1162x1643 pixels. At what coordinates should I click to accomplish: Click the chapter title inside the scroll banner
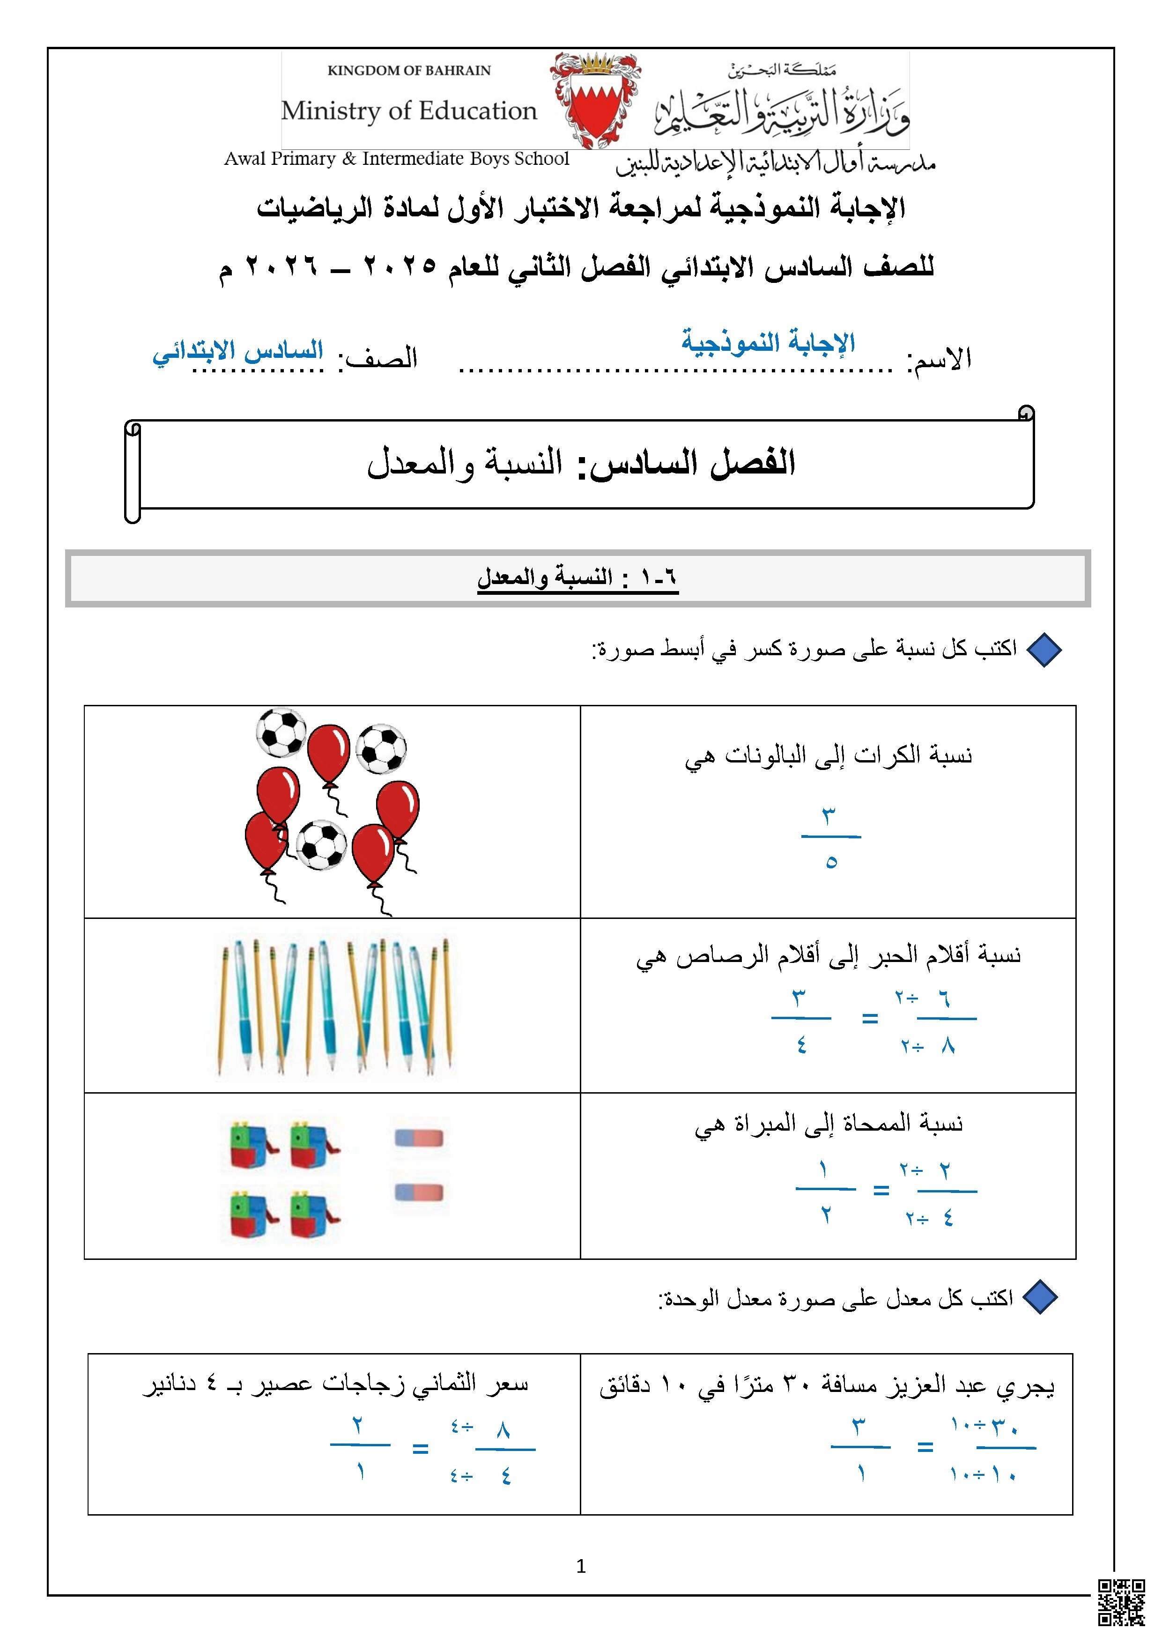tap(580, 463)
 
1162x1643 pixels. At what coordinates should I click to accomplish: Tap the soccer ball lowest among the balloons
tap(321, 844)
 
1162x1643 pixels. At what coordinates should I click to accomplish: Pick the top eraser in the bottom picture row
tap(419, 1138)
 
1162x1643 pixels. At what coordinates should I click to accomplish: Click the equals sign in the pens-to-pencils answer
tap(869, 1018)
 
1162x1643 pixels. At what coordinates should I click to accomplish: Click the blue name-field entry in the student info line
tap(768, 342)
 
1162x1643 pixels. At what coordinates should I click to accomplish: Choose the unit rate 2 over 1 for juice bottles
tap(360, 1448)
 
